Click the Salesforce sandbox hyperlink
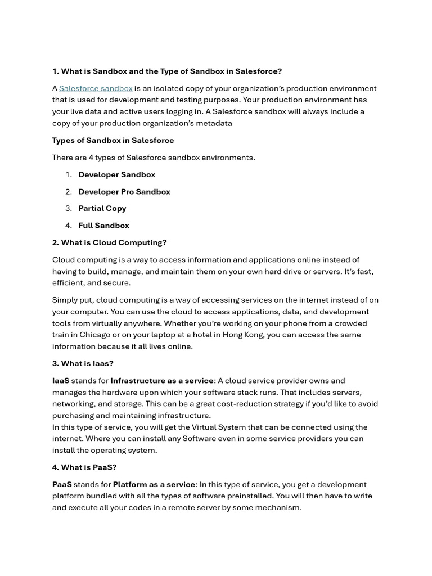click(96, 88)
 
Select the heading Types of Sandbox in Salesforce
click(113, 140)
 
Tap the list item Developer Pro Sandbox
click(124, 191)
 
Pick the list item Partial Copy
click(102, 208)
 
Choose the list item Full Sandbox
click(104, 225)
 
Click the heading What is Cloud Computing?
click(110, 242)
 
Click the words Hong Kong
click(270, 335)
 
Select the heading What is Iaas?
click(83, 363)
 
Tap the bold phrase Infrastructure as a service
click(162, 381)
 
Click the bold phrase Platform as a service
click(154, 484)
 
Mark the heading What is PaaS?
click(84, 467)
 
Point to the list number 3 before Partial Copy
click(68, 208)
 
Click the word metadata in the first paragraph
click(213, 123)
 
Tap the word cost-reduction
click(267, 404)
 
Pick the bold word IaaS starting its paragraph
click(61, 381)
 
